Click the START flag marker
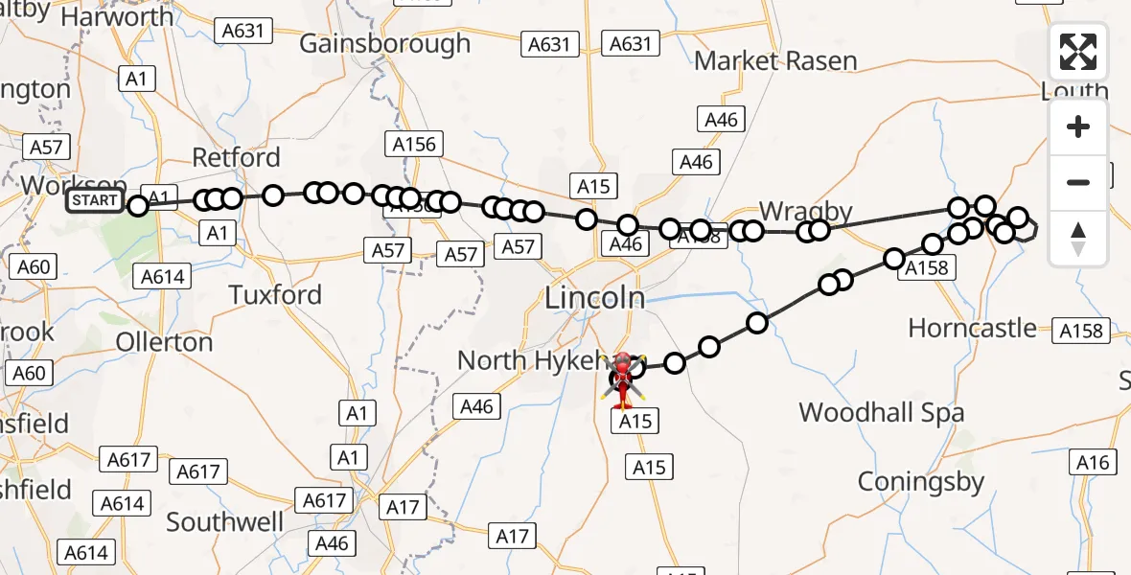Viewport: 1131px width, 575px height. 94,200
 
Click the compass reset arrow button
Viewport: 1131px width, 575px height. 1078,238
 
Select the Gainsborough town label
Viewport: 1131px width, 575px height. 384,43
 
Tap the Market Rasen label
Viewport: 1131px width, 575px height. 775,61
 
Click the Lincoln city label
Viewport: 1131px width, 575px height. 594,298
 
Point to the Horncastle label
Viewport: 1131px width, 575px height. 972,328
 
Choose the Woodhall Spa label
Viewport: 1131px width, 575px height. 881,413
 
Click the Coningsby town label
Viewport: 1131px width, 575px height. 920,481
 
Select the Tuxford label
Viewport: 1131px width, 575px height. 275,294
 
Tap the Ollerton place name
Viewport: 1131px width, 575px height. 164,342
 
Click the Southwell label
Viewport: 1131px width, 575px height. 224,521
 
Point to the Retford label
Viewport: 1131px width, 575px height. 236,157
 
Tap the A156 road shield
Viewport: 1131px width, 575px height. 414,145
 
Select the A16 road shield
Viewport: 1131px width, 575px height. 1093,463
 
